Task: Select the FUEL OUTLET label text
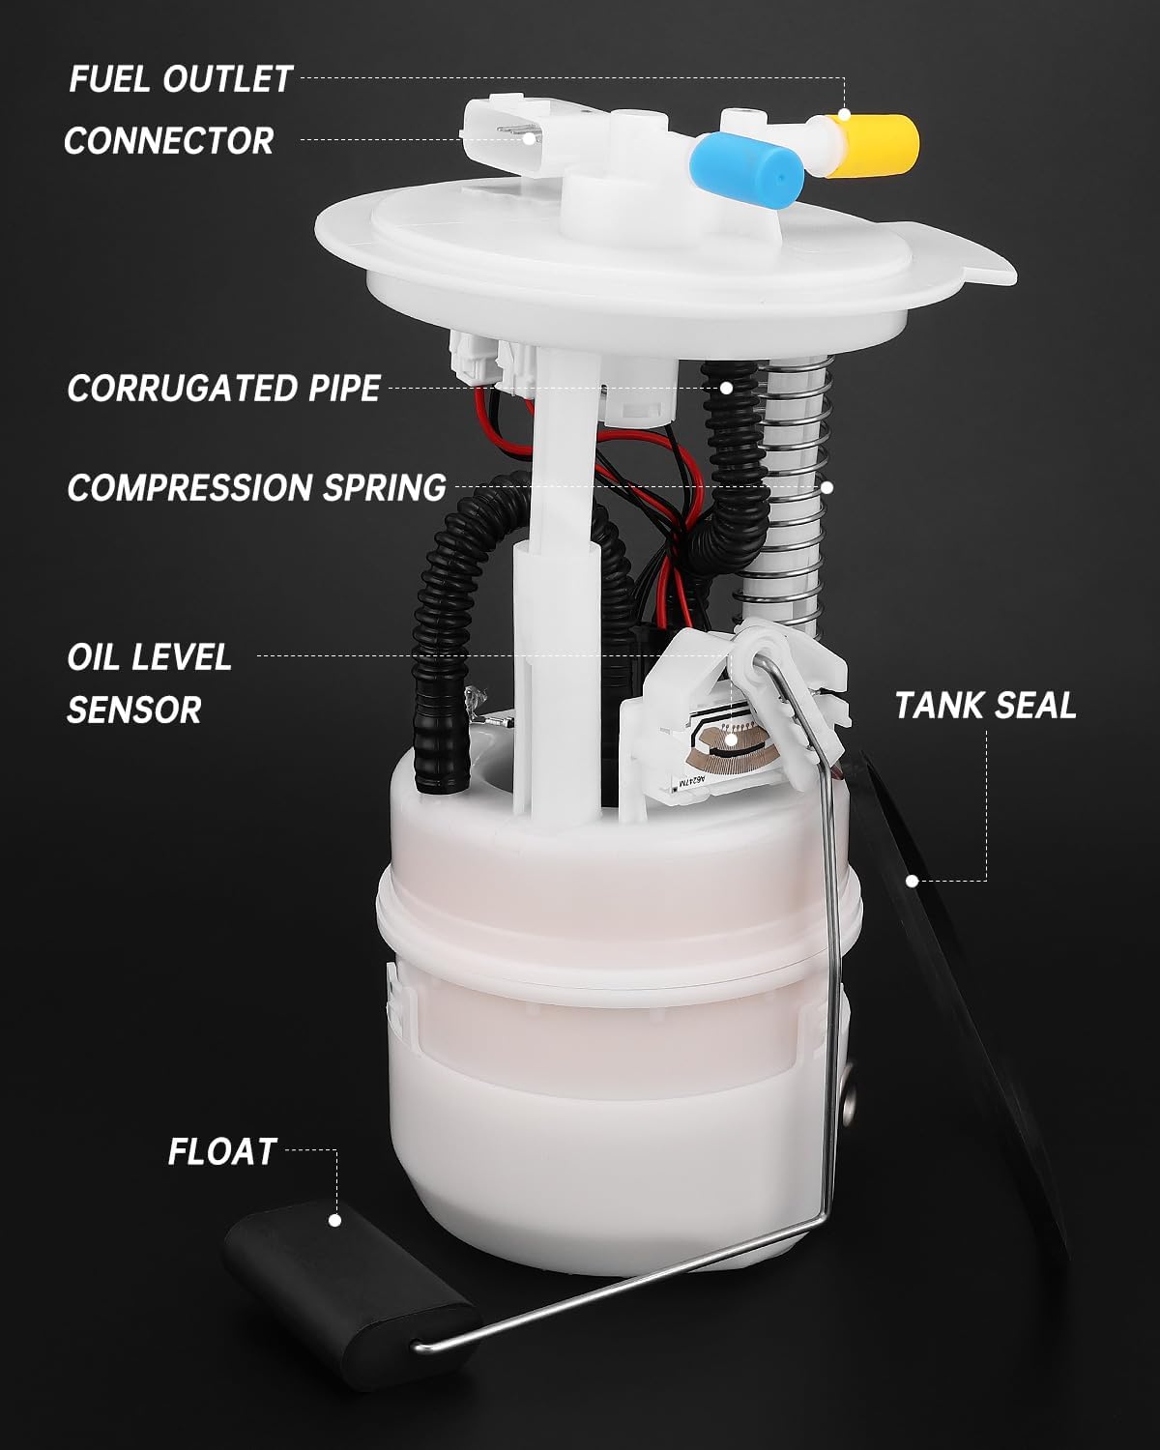[180, 79]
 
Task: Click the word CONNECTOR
[169, 141]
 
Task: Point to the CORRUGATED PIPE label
[223, 388]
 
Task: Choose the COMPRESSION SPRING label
[256, 487]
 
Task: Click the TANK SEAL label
[984, 705]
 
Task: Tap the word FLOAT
[222, 1151]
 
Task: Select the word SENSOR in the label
[133, 710]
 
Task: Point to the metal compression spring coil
[797, 503]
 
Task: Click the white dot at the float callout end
[335, 1220]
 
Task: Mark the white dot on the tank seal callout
[911, 881]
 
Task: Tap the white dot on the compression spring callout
[827, 487]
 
